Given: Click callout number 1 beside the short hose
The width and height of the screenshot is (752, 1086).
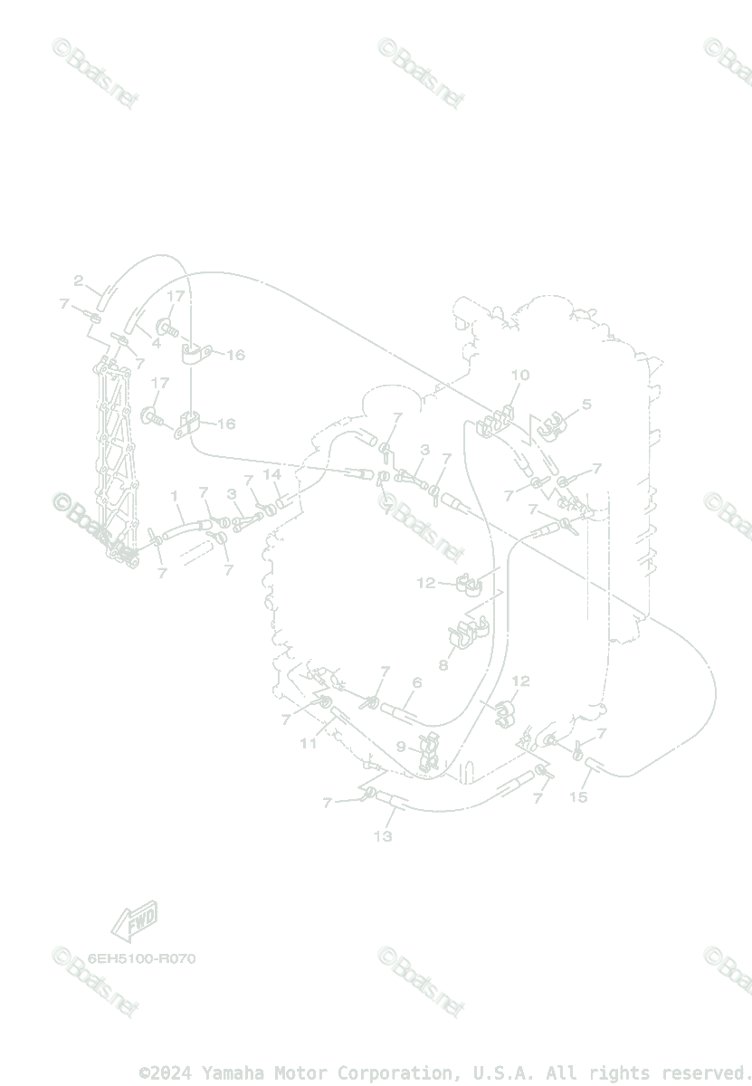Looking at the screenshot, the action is [x=175, y=496].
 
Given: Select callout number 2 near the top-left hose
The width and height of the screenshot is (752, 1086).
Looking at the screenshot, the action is [x=79, y=281].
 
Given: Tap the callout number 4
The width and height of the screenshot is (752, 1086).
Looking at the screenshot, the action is [x=156, y=343].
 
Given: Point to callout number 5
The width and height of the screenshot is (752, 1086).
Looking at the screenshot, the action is [x=585, y=405].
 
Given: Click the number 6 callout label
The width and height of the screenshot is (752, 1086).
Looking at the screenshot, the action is [x=416, y=682].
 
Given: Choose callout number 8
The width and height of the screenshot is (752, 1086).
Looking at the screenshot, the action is [x=443, y=664].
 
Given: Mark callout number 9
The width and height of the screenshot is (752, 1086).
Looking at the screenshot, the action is [x=401, y=747].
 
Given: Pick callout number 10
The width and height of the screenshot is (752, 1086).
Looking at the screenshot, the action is [x=519, y=375].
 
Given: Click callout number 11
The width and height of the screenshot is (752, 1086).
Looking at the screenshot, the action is [x=309, y=743].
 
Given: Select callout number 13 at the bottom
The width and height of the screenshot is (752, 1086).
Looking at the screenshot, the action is [x=383, y=836].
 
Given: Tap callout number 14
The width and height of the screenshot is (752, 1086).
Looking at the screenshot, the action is [x=271, y=474].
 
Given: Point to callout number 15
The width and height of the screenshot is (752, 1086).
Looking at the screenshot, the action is [x=578, y=796].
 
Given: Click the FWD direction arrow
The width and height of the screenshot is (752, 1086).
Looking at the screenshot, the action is [x=134, y=921].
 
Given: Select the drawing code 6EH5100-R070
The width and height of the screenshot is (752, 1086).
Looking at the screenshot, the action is [x=141, y=958].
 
